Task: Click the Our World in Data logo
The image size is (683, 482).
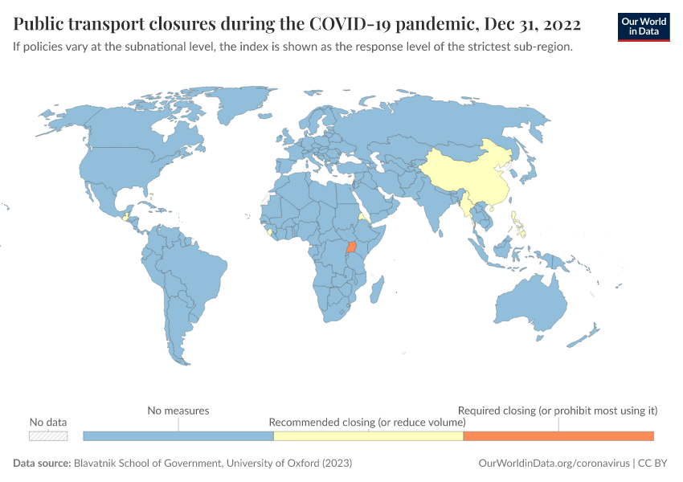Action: [x=644, y=27]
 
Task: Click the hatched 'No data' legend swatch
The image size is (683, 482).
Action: [x=48, y=435]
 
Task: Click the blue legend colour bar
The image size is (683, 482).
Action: [x=178, y=435]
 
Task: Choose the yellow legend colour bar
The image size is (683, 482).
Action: [x=368, y=435]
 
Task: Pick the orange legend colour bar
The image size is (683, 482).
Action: [x=558, y=435]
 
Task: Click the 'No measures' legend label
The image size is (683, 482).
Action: [x=178, y=411]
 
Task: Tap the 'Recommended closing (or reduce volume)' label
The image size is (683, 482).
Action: [x=367, y=422]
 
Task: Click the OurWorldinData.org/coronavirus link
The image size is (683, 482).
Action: [x=552, y=464]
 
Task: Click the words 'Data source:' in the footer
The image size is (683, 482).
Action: [x=42, y=464]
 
